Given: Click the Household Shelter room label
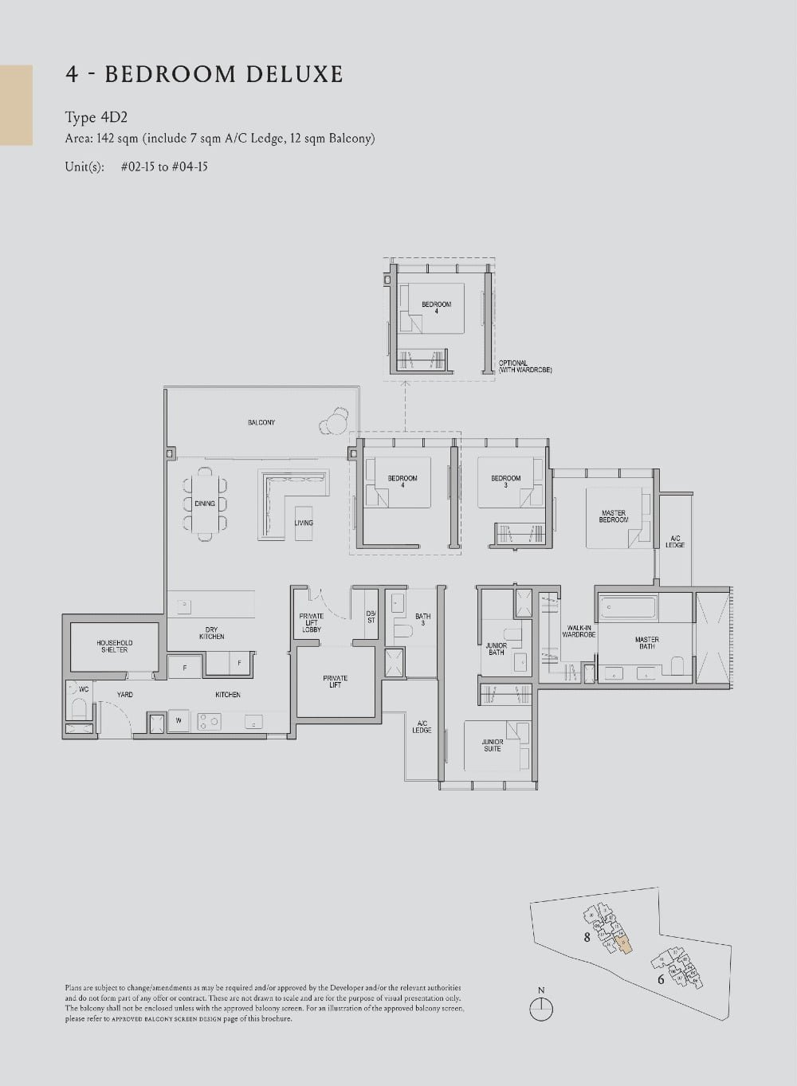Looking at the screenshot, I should [114, 646].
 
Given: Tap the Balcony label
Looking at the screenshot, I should [261, 422].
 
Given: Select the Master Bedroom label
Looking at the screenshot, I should [613, 516].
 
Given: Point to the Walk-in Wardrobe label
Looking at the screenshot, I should [578, 631].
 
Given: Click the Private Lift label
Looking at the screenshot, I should [335, 681].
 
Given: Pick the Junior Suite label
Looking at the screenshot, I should [492, 745].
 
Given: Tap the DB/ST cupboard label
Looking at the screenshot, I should [371, 617].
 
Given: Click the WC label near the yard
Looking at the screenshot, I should [84, 689].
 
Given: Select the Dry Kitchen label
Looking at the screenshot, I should [211, 633].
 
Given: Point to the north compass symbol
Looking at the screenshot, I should [541, 1009].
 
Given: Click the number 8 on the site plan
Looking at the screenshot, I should [587, 937].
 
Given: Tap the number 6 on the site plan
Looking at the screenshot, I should [661, 979].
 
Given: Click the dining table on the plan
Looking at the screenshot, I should [205, 504].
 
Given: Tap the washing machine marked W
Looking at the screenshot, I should [178, 721].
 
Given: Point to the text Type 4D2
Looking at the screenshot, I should [96, 118].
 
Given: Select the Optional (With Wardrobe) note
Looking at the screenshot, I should [524, 367].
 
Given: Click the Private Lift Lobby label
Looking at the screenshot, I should [311, 622].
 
